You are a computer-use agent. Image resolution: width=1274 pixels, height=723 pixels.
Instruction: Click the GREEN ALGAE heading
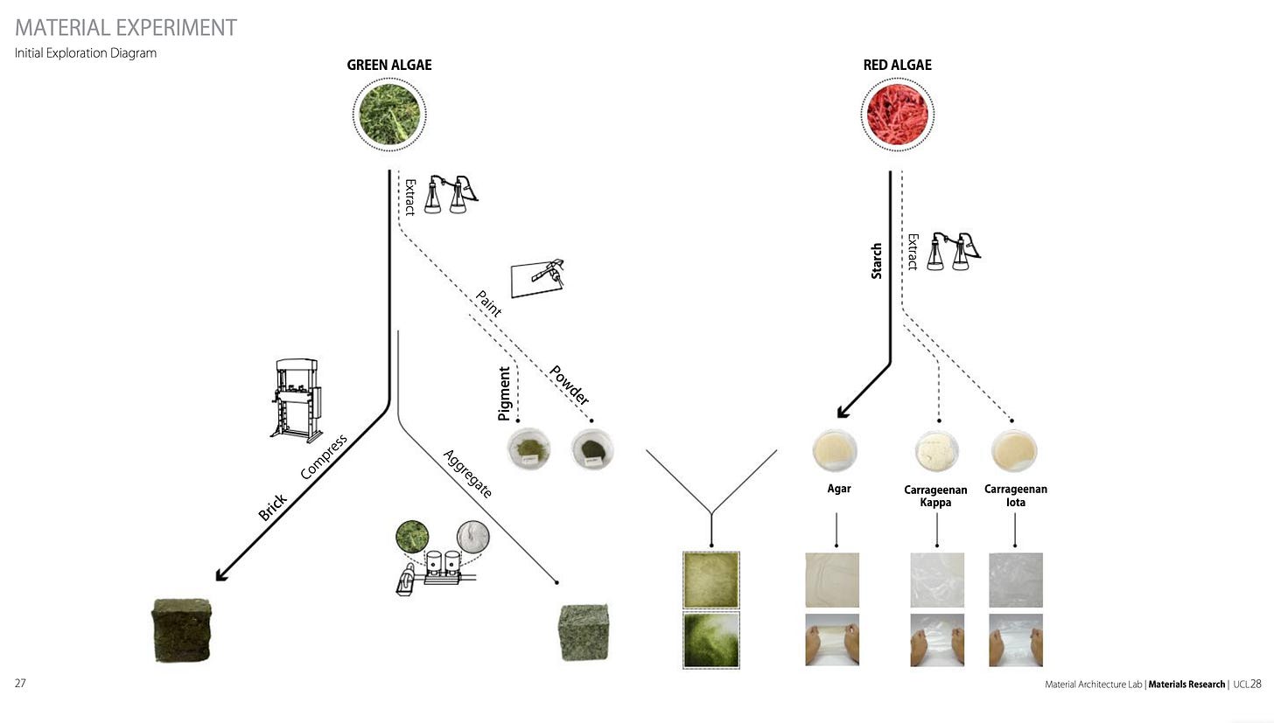(x=388, y=65)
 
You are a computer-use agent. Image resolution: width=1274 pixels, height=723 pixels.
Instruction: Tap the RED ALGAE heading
(x=897, y=65)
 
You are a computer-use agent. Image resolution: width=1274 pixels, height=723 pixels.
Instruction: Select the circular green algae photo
(x=389, y=114)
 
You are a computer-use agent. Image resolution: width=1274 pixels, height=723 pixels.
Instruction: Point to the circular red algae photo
(x=897, y=114)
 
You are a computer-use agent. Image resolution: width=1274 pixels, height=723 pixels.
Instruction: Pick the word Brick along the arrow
(x=273, y=507)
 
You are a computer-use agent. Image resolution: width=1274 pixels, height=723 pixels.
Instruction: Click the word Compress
(x=324, y=457)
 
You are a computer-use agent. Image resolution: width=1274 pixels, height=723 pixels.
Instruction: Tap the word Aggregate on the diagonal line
(x=468, y=474)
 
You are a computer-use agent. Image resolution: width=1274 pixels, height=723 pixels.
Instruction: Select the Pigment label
(x=504, y=393)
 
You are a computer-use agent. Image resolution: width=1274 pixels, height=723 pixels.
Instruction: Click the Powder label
(x=569, y=385)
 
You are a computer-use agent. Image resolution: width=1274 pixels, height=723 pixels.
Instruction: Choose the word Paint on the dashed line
(x=488, y=303)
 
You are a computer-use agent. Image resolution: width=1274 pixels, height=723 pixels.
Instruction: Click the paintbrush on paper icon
(x=538, y=277)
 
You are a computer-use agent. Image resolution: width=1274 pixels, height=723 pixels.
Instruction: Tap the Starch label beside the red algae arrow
(x=877, y=261)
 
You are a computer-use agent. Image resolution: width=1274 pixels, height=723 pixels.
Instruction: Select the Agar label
(x=839, y=489)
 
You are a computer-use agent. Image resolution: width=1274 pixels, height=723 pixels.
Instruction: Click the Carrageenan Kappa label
(x=934, y=496)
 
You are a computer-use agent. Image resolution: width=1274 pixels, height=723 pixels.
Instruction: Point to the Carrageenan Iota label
(x=1015, y=496)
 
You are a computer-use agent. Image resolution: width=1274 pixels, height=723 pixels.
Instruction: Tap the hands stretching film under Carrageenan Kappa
(x=937, y=640)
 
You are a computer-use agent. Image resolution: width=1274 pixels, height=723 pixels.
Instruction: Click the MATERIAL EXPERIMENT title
(x=126, y=28)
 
